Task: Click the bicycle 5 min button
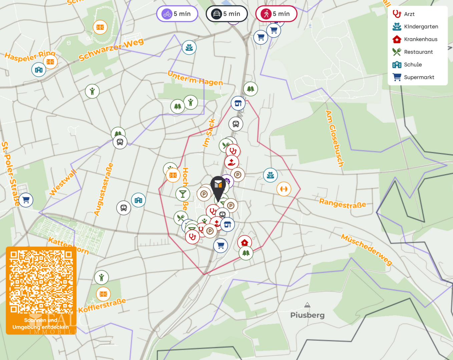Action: point(177,14)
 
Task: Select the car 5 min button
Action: point(227,14)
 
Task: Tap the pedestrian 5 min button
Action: point(276,14)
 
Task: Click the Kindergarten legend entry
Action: point(421,27)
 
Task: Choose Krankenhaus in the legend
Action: point(420,39)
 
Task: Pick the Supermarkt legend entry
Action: point(419,77)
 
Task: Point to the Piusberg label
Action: point(307,315)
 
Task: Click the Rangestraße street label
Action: point(343,203)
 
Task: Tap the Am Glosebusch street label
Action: point(334,138)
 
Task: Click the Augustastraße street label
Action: point(103,189)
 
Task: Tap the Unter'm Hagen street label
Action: point(195,79)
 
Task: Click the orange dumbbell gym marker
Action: point(284,189)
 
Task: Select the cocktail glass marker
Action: point(183,194)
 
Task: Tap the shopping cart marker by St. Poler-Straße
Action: point(26,200)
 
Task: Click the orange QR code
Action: point(41,282)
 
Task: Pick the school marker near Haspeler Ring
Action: point(39,70)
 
